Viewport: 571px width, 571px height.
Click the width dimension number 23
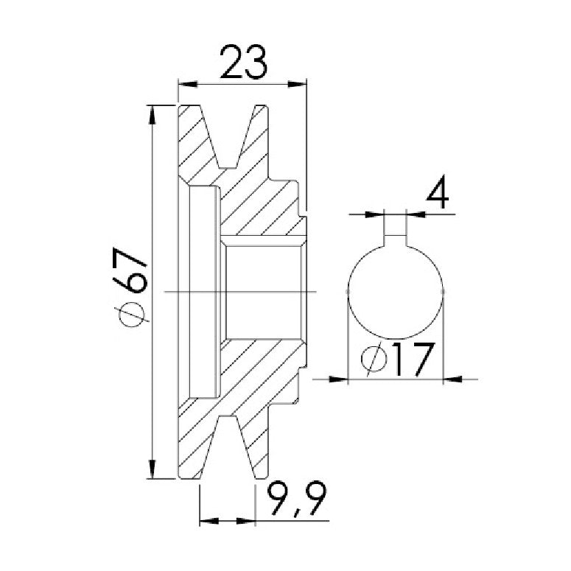click(244, 62)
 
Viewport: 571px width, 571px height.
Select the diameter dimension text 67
click(129, 270)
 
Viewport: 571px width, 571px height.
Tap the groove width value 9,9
click(296, 499)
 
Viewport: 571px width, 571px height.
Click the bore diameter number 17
click(413, 359)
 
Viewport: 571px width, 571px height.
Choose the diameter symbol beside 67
click(130, 313)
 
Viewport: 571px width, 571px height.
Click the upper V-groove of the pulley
click(228, 136)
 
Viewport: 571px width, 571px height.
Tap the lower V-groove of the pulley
click(227, 446)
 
